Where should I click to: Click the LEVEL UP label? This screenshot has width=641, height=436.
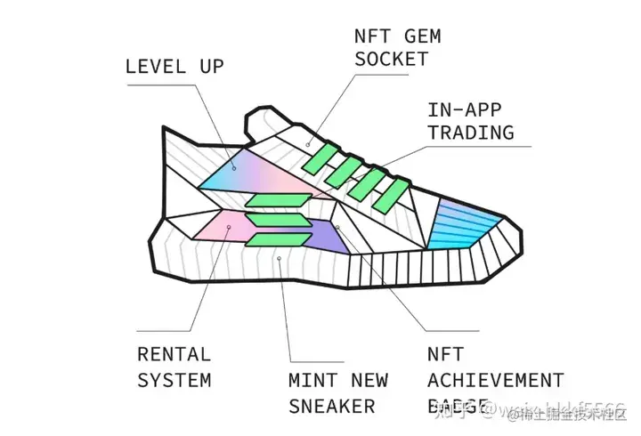pyautogui.click(x=174, y=66)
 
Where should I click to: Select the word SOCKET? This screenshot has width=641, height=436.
pyautogui.click(x=391, y=60)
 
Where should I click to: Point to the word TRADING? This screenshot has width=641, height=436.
pyautogui.click(x=471, y=133)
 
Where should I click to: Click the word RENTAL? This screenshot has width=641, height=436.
pyautogui.click(x=174, y=354)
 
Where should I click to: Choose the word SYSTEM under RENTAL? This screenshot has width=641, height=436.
pyautogui.click(x=174, y=380)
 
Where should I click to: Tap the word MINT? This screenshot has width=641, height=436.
pyautogui.click(x=312, y=381)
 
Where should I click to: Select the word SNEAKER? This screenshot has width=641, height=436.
pyautogui.click(x=332, y=407)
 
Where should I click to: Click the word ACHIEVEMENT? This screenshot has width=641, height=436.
pyautogui.click(x=496, y=381)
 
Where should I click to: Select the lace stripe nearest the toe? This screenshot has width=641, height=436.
pyautogui.click(x=392, y=198)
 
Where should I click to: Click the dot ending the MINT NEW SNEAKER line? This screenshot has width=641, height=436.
pyautogui.click(x=280, y=259)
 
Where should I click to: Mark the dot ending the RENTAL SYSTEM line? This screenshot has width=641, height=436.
pyautogui.click(x=229, y=229)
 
